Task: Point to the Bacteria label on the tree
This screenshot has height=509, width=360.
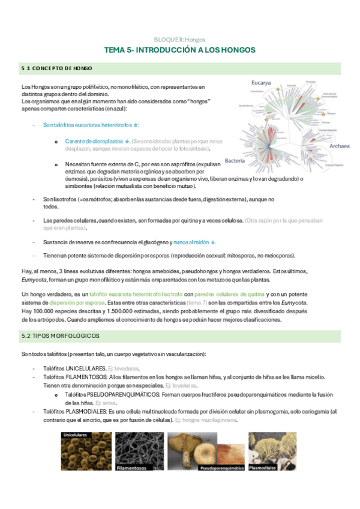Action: pyautogui.click(x=234, y=160)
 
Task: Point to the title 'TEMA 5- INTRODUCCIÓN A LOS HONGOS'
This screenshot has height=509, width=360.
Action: pyautogui.click(x=180, y=50)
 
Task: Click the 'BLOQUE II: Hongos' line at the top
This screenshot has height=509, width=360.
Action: pyautogui.click(x=180, y=38)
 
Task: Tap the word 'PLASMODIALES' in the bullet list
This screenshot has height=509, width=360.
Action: pyautogui.click(x=87, y=412)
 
